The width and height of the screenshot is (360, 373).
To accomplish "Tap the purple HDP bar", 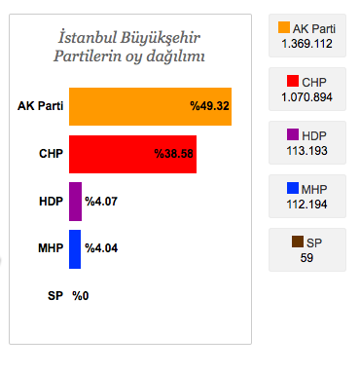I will tap(75, 202).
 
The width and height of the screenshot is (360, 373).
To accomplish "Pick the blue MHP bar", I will tap(75, 248).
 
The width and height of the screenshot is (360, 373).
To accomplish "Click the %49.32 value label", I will tap(209, 106).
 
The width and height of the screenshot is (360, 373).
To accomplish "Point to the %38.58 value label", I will tap(174, 154).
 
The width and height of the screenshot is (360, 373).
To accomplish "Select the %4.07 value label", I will tap(102, 202).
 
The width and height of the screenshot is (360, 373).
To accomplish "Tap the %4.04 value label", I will tap(102, 248).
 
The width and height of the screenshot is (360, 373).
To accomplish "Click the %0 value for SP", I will tap(81, 295).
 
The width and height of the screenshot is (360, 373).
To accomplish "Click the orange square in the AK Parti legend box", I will tap(284, 28).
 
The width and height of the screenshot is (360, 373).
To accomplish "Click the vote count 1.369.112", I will tap(307, 44).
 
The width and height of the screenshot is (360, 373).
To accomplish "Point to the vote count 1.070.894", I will tap(307, 97).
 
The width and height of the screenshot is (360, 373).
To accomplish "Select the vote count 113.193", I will tap(307, 150).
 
